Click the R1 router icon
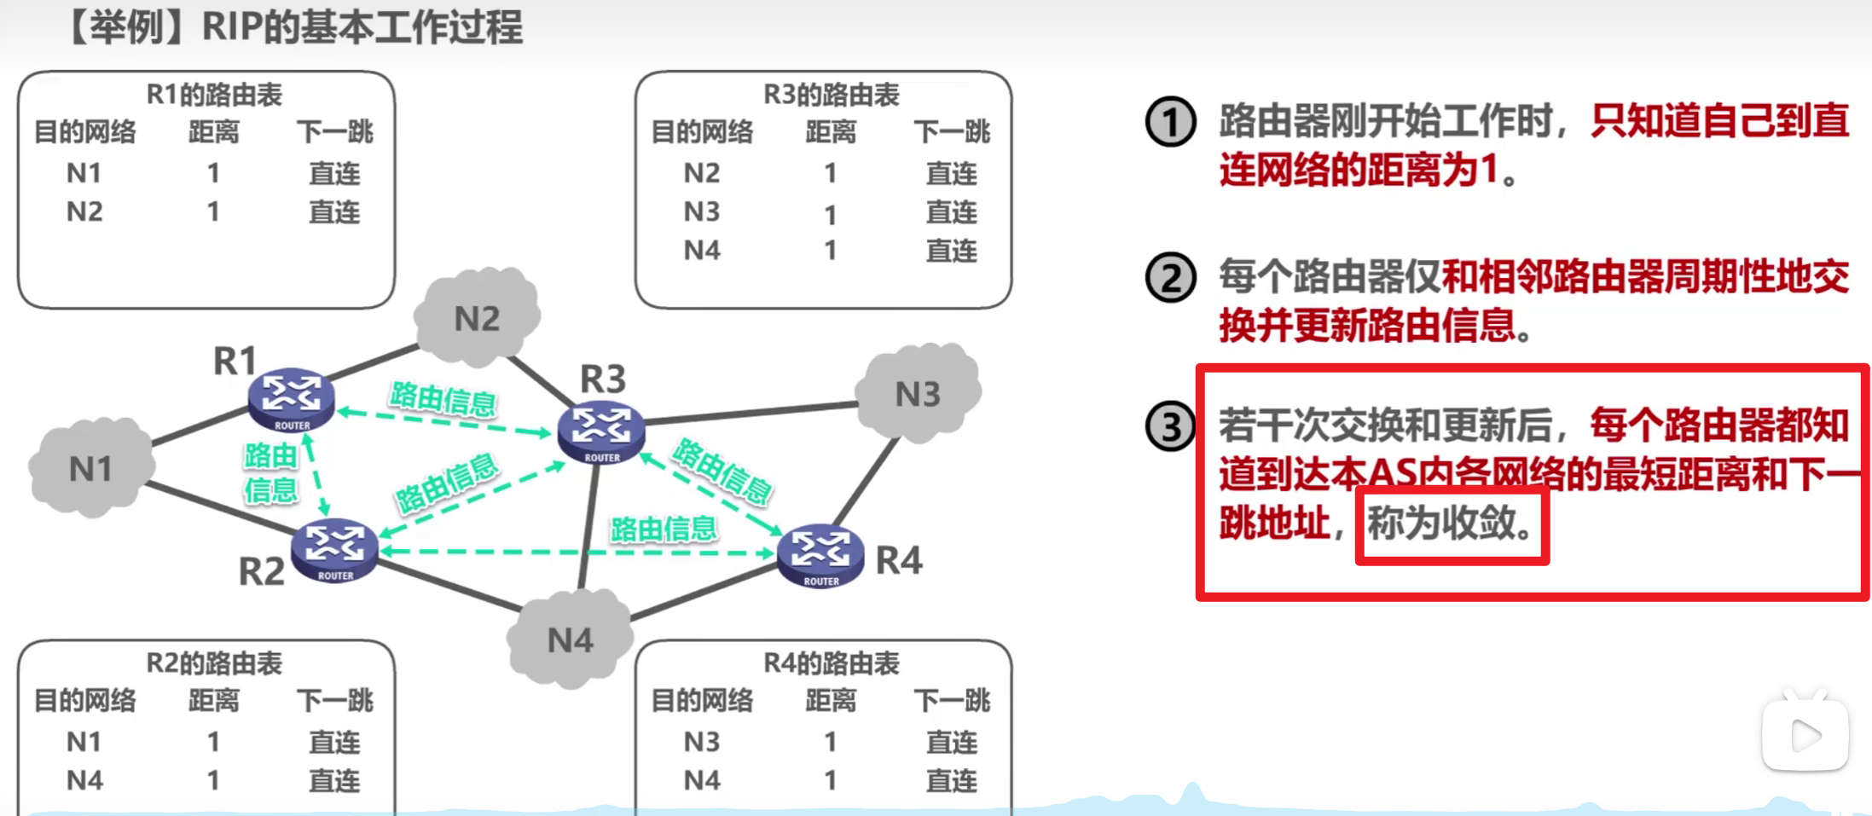point(291,399)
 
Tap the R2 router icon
point(334,550)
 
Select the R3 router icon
point(601,431)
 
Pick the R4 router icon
point(820,555)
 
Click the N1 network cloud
point(91,468)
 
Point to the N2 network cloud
point(477,317)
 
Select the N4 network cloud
point(570,639)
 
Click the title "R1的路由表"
point(214,95)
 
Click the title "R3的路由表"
point(831,95)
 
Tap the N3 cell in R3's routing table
point(702,211)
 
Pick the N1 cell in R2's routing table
point(84,742)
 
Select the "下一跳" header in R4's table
point(952,701)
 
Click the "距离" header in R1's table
point(213,132)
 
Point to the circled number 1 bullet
point(1170,122)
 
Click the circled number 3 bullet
point(1170,427)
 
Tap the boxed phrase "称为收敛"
point(1452,523)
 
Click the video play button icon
point(1805,736)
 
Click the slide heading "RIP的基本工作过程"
point(362,27)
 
